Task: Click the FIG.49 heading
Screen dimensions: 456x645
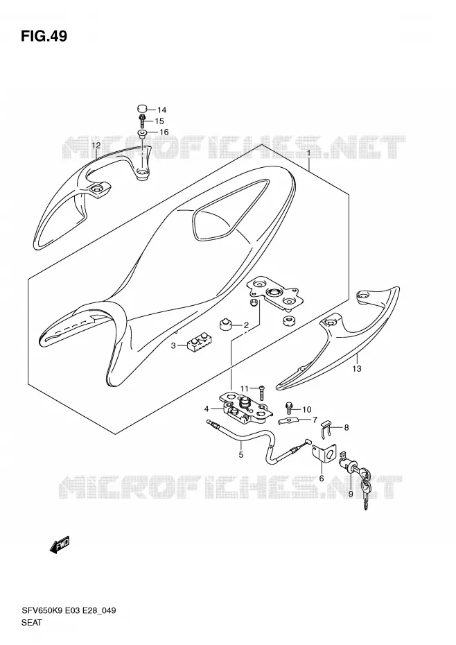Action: tap(44, 36)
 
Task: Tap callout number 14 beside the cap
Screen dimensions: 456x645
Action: tap(161, 110)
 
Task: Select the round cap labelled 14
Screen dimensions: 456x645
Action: tap(142, 109)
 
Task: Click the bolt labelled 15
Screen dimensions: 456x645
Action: tap(142, 121)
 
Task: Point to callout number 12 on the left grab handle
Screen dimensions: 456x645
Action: tap(96, 145)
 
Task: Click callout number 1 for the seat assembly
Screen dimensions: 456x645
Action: tap(308, 153)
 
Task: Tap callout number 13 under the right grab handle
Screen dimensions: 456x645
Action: tap(356, 368)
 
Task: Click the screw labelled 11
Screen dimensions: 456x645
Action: tap(261, 393)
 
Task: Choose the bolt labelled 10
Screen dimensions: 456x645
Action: tap(289, 409)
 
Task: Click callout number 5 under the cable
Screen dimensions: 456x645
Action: tap(241, 454)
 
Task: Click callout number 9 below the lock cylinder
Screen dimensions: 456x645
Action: tap(351, 494)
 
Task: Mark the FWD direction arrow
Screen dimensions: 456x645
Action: tap(60, 545)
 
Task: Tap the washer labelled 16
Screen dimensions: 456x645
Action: tap(142, 133)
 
